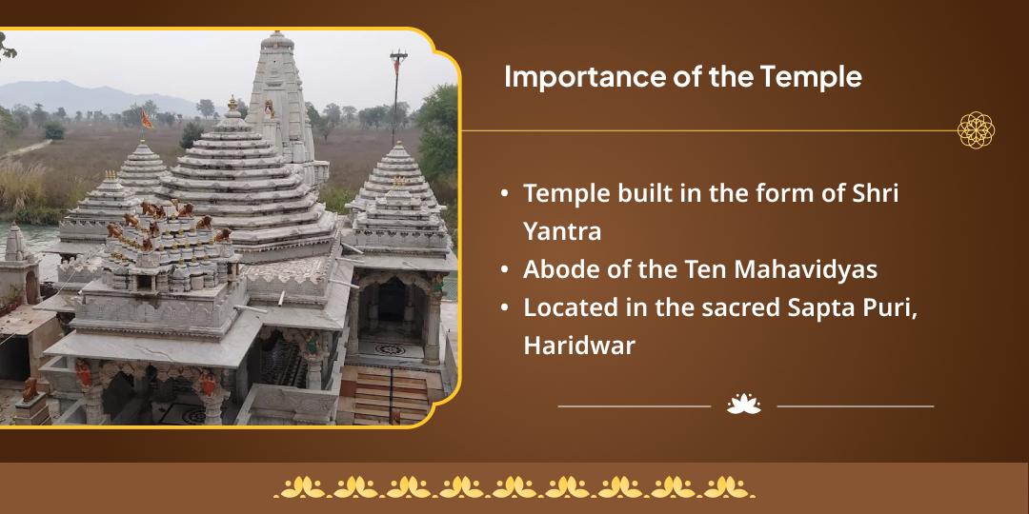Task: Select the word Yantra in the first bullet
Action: [562, 231]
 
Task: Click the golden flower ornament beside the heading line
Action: [976, 129]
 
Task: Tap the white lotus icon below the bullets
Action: [743, 405]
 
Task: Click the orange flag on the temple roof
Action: [145, 119]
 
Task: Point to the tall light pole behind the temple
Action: [397, 96]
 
